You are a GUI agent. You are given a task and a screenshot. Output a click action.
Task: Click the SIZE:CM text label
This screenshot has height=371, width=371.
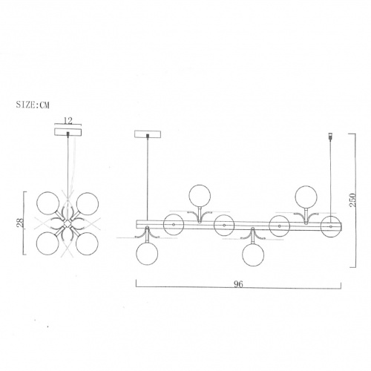(x=33, y=105)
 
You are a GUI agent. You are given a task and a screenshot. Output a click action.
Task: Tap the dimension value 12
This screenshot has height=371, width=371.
(x=68, y=121)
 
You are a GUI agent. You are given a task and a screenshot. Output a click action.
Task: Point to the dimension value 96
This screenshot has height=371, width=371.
(x=238, y=284)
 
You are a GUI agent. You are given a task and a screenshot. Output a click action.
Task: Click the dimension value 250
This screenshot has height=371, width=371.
(x=353, y=200)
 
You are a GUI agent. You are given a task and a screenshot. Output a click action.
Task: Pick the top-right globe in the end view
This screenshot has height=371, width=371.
(x=88, y=203)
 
